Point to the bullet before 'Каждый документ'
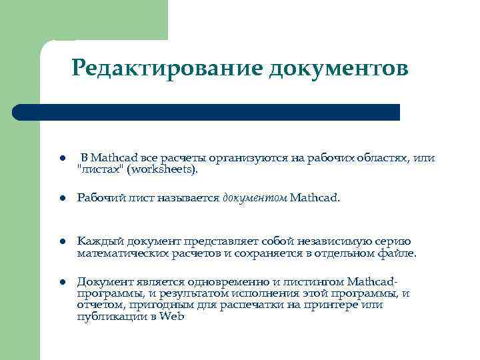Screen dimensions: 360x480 pyautogui.click(x=60, y=242)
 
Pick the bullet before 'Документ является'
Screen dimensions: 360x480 pyautogui.click(x=60, y=282)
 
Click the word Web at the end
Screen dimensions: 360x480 pyautogui.click(x=173, y=317)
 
